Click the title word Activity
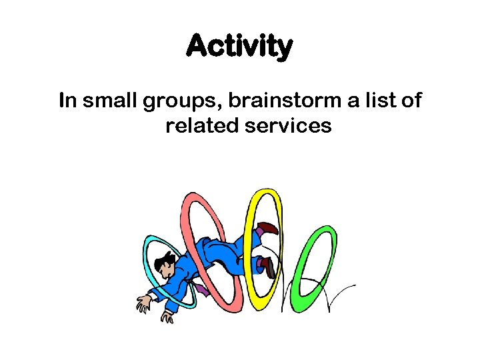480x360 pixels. tap(239, 47)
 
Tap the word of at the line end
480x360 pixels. tap(411, 101)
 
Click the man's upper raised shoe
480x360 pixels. tap(268, 228)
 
